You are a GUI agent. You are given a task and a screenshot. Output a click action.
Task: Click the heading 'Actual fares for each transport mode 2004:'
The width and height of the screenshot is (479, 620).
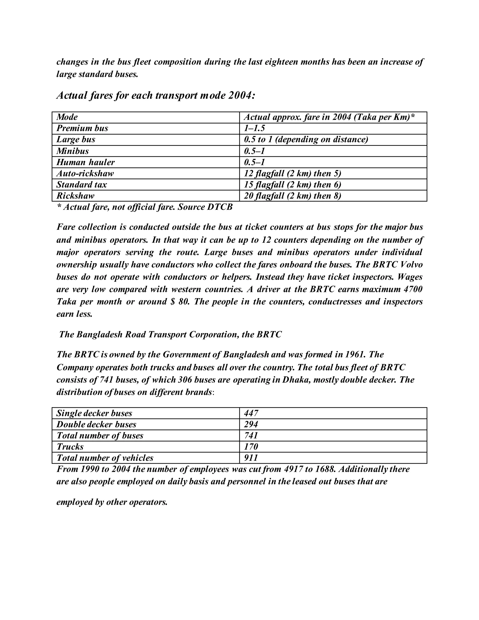(156, 96)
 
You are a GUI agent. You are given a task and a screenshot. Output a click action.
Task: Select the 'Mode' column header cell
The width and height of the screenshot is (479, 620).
(67, 117)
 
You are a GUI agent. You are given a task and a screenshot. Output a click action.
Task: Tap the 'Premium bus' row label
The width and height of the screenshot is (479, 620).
(82, 128)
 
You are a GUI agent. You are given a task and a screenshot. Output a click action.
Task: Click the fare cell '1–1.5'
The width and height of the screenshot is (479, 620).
(254, 128)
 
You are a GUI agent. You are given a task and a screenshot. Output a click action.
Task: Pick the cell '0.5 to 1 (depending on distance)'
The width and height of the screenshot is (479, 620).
(306, 139)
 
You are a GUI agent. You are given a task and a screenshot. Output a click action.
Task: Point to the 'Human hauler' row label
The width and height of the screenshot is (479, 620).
(85, 162)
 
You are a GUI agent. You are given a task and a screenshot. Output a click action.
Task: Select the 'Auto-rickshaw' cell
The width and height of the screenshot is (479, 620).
(85, 173)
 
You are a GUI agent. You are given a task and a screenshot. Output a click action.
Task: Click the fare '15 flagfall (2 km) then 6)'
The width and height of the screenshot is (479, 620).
(292, 185)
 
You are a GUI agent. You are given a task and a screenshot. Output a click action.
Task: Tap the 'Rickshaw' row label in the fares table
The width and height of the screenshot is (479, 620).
(76, 196)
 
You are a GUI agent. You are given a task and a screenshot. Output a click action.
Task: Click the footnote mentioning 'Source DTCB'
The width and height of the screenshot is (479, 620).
(145, 207)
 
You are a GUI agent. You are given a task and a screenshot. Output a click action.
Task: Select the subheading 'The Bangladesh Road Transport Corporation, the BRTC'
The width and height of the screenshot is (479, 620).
(170, 334)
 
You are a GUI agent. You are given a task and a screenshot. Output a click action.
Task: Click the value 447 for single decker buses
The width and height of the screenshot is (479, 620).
(251, 413)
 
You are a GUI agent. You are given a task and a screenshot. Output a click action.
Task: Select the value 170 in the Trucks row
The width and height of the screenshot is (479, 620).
(251, 447)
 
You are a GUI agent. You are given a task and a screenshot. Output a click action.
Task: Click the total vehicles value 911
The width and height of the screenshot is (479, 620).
(251, 458)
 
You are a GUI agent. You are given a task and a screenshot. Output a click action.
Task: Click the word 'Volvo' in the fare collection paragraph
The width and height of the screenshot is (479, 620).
(412, 265)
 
